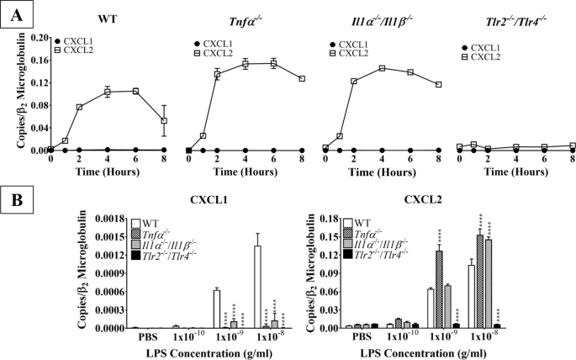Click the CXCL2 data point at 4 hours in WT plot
click(x=108, y=92)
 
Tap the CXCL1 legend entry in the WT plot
click(x=76, y=40)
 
